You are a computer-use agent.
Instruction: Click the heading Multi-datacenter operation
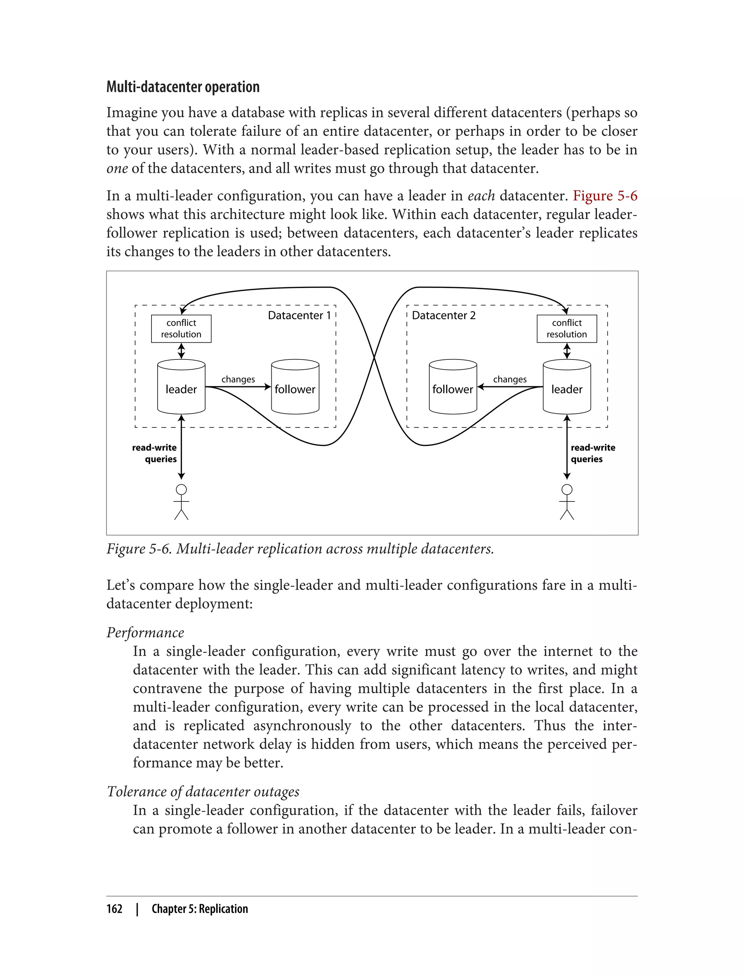pos(183,87)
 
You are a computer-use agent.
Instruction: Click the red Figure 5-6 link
pos(604,196)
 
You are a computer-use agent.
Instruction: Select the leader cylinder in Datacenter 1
pos(181,388)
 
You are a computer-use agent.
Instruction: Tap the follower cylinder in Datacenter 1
pos(295,388)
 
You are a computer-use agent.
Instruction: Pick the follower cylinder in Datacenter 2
pos(453,388)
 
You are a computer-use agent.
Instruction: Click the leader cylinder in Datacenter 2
pos(566,388)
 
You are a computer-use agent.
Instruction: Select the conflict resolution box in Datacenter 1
pos(181,329)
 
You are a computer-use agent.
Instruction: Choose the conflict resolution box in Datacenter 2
pos(566,329)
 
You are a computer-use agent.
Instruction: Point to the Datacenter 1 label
pos(299,316)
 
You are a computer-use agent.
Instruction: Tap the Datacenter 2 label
pos(443,316)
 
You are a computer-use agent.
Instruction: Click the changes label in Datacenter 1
pos(238,379)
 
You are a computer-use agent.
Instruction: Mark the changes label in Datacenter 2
pos(510,379)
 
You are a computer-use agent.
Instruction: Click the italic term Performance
pos(145,633)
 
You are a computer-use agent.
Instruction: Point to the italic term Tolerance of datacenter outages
pos(203,792)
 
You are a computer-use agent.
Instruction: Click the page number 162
pos(114,909)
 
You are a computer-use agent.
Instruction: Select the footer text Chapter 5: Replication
pos(200,909)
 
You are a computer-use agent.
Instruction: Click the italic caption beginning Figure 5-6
pos(300,549)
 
